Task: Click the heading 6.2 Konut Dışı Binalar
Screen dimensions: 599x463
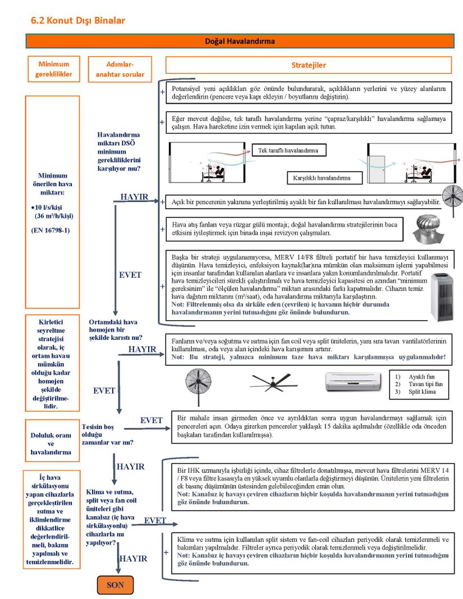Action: click(78, 21)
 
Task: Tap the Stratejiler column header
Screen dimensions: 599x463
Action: click(308, 65)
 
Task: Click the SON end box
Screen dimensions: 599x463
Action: click(116, 585)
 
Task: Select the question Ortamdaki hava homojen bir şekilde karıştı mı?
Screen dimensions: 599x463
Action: click(115, 330)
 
